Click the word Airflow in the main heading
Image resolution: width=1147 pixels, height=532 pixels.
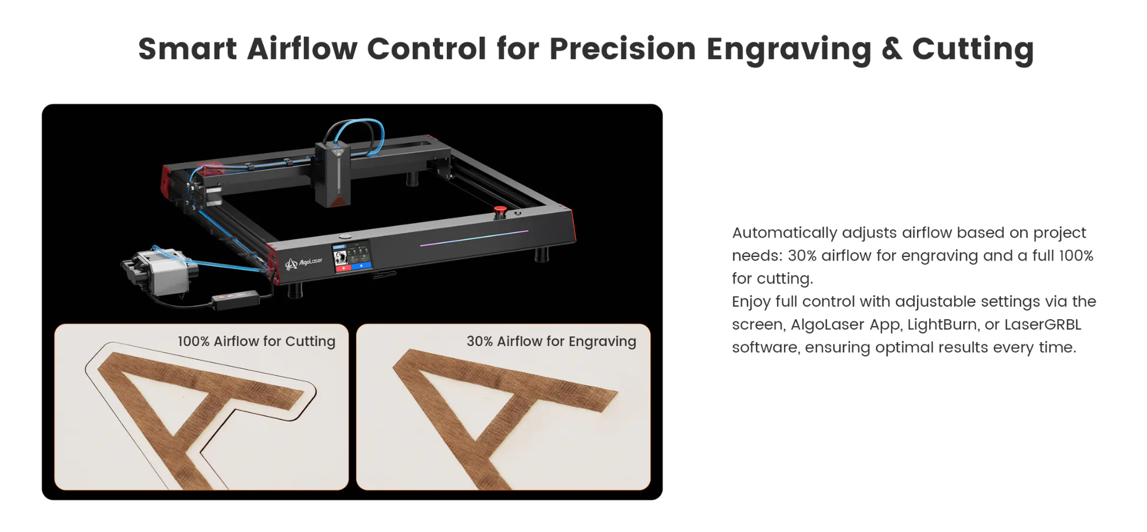pyautogui.click(x=302, y=48)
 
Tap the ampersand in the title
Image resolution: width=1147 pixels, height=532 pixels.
pyautogui.click(x=892, y=49)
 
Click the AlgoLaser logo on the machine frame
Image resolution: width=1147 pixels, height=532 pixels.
pyautogui.click(x=304, y=263)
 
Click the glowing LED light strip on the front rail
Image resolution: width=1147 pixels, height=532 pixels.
pyautogui.click(x=474, y=238)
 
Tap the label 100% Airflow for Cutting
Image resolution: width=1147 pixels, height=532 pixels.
pyautogui.click(x=256, y=341)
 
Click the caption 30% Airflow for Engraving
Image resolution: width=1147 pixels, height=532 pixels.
pyautogui.click(x=551, y=341)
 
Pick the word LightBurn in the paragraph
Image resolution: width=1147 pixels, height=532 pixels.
pyautogui.click(x=942, y=324)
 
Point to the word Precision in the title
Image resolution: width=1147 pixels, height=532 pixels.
pyautogui.click(x=623, y=48)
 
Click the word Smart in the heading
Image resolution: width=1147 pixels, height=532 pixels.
pyautogui.click(x=188, y=48)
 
